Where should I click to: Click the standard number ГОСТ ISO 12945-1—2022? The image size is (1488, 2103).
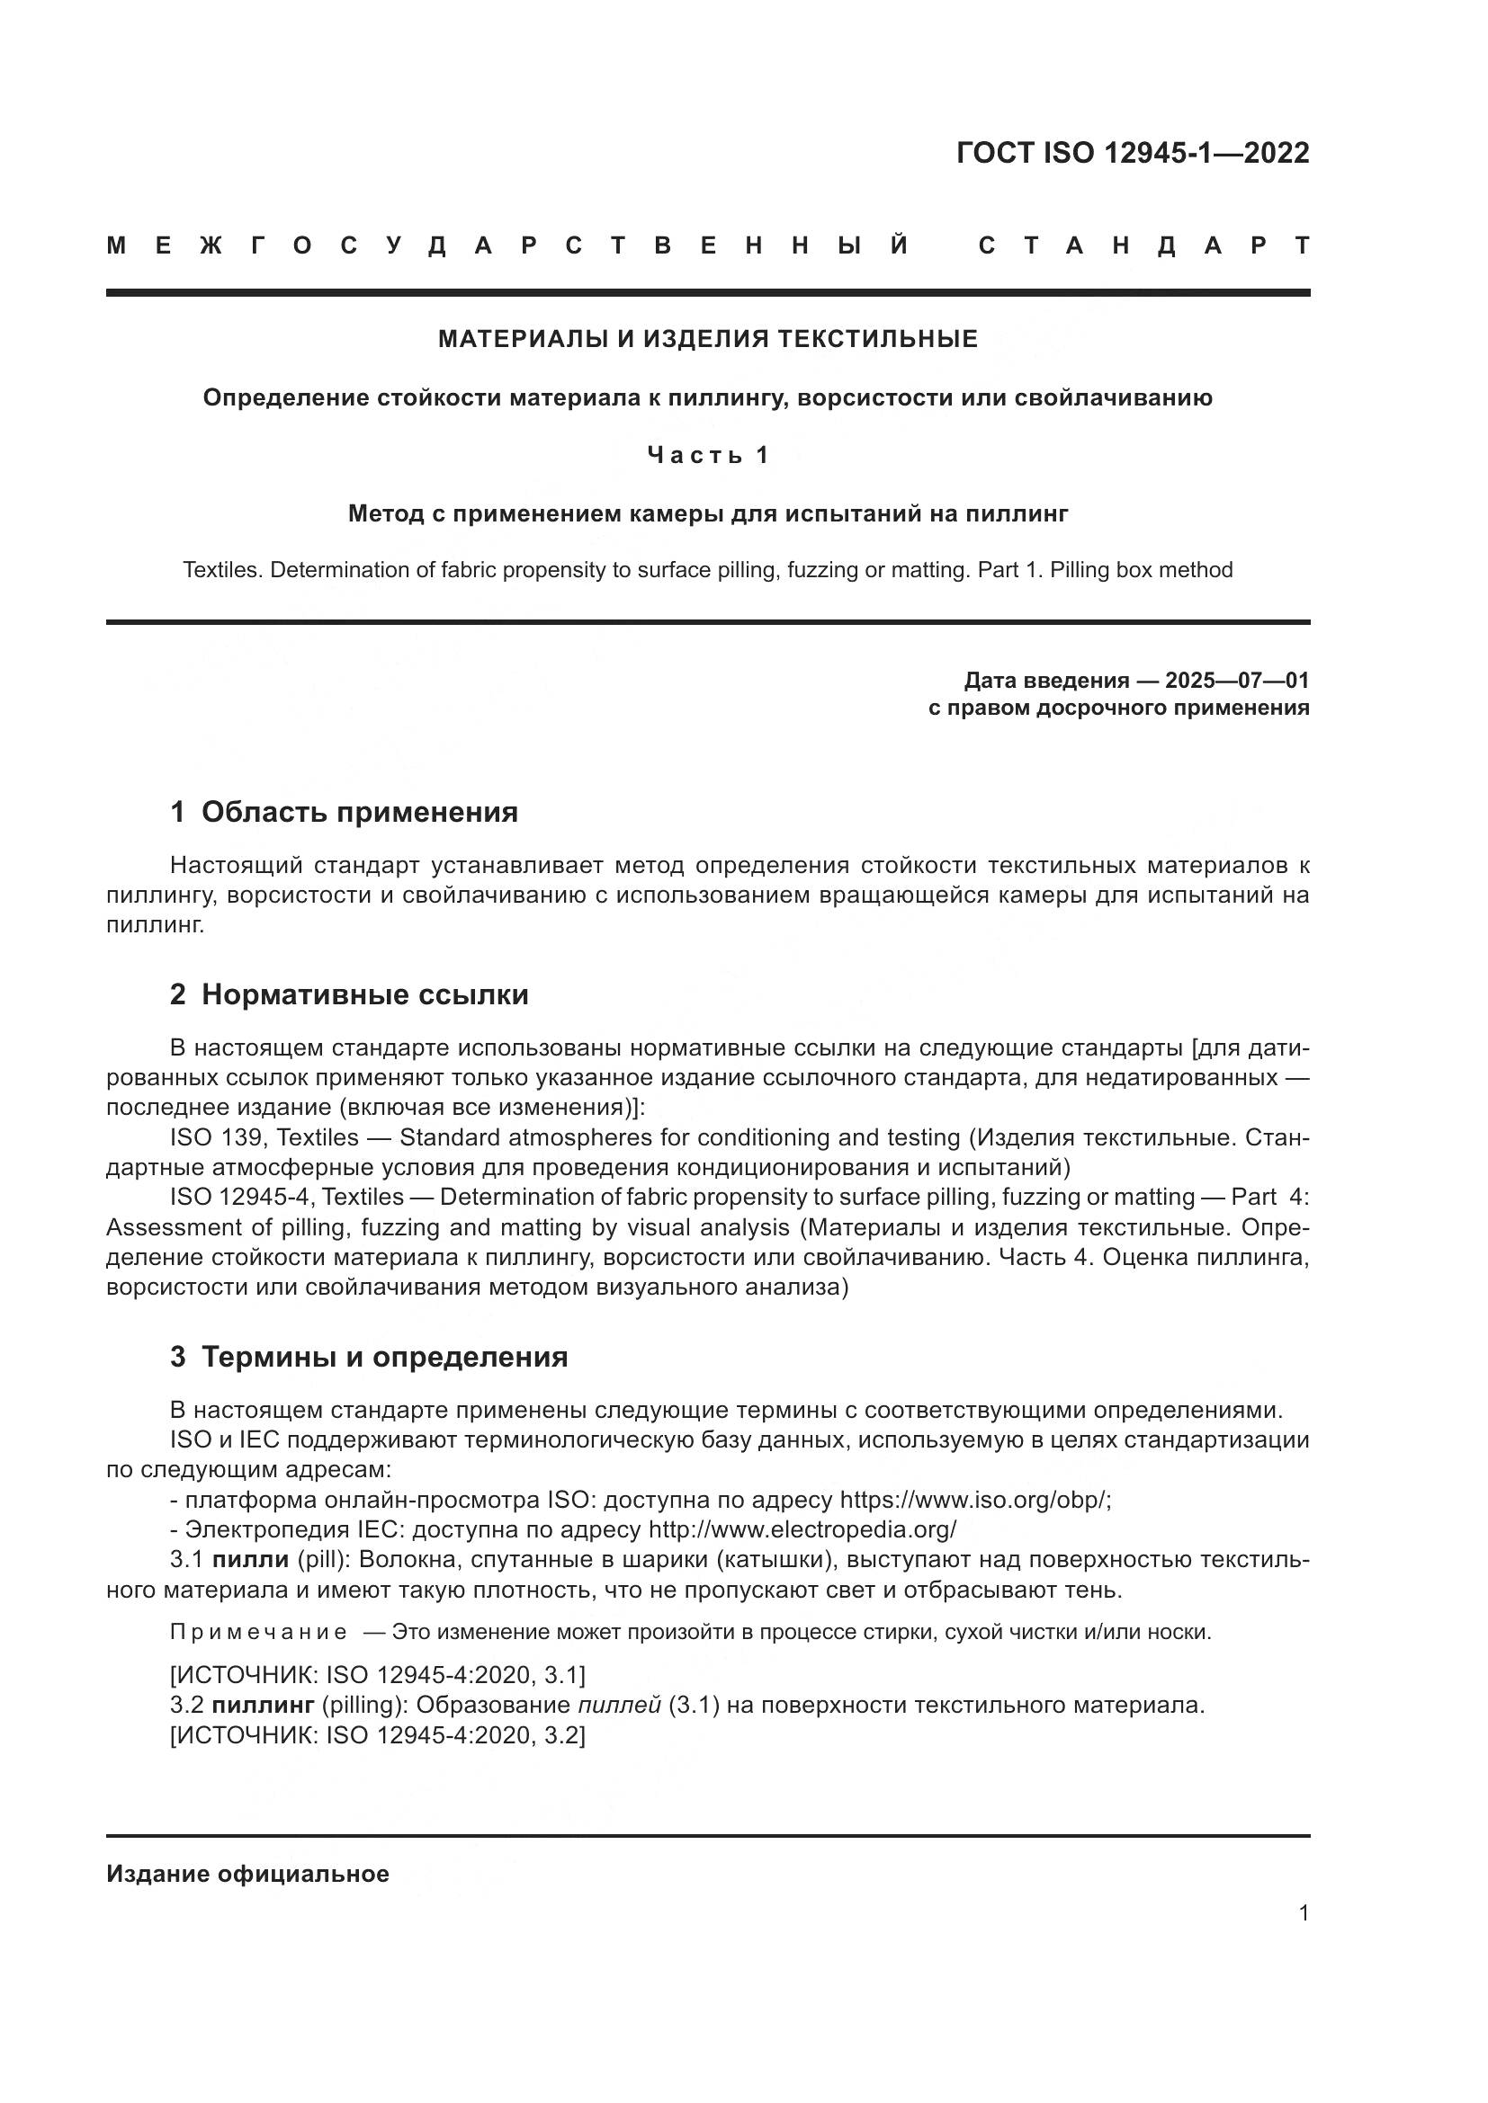[x=1133, y=153]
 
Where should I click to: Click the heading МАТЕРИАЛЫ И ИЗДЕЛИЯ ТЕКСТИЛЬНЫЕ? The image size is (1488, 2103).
[x=707, y=340]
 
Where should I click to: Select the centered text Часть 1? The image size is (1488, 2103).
[x=707, y=455]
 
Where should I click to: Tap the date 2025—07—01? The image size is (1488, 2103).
[x=1236, y=681]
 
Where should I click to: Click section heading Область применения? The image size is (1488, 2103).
[x=359, y=813]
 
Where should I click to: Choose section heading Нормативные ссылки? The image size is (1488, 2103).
[x=364, y=994]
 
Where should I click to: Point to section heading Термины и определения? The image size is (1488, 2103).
[x=384, y=1358]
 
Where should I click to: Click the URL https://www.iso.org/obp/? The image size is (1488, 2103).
[x=974, y=1501]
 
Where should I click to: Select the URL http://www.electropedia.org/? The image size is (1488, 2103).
[x=802, y=1529]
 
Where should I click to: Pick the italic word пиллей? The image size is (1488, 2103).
[x=619, y=1706]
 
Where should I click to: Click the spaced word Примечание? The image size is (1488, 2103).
[x=258, y=1632]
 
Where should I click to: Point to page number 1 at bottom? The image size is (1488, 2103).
[x=1304, y=1913]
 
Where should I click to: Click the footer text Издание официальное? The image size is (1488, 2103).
[x=247, y=1874]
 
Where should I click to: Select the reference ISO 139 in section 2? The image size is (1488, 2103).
[x=217, y=1138]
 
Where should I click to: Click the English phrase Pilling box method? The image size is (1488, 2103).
[x=1141, y=571]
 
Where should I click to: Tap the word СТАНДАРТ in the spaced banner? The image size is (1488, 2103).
[x=1144, y=245]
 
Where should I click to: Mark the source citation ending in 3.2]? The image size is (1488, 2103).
[x=378, y=1734]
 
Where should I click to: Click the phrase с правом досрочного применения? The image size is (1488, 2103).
[x=1119, y=708]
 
